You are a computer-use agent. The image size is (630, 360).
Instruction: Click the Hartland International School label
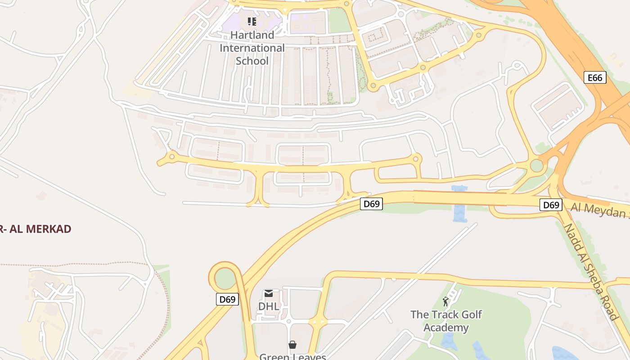pyautogui.click(x=252, y=48)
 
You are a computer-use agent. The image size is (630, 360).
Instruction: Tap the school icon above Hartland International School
pyautogui.click(x=252, y=21)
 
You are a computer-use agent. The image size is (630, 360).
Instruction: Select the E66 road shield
pyautogui.click(x=594, y=77)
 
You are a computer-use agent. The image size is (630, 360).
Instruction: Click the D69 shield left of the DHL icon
pyautogui.click(x=227, y=299)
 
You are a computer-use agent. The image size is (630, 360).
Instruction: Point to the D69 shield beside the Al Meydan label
pyautogui.click(x=551, y=205)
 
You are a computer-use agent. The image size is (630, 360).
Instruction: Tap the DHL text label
pyautogui.click(x=269, y=306)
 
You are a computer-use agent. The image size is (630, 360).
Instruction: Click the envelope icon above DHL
pyautogui.click(x=269, y=293)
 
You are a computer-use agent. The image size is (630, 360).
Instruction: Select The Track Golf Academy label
pyautogui.click(x=446, y=321)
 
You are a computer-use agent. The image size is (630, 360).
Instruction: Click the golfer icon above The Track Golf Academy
pyautogui.click(x=445, y=301)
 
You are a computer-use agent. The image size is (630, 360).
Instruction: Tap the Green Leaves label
pyautogui.click(x=292, y=357)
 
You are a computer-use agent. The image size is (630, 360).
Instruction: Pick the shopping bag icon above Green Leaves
pyautogui.click(x=292, y=345)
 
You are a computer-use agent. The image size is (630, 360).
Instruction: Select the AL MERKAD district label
pyautogui.click(x=36, y=229)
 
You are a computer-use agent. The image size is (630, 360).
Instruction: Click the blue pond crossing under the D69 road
pyautogui.click(x=459, y=211)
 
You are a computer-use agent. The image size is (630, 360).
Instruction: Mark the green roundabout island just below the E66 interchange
pyautogui.click(x=536, y=166)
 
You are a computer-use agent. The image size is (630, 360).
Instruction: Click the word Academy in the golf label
pyautogui.click(x=446, y=327)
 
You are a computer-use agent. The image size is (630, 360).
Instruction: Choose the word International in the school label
pyautogui.click(x=252, y=48)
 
